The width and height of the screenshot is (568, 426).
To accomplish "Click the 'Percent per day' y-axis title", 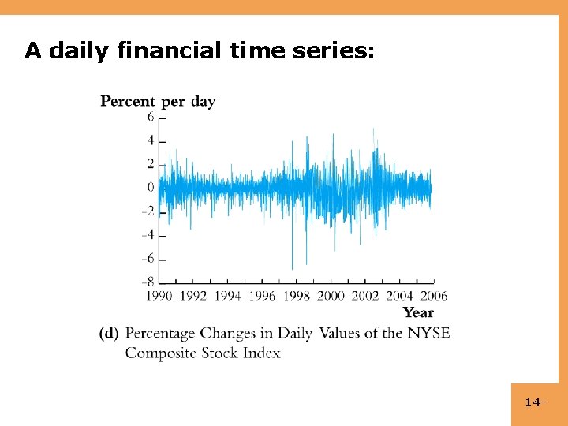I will click(x=158, y=101).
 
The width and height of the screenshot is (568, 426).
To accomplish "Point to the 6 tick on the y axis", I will click(x=149, y=117).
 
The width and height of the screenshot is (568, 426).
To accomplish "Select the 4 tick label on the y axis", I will click(x=149, y=140).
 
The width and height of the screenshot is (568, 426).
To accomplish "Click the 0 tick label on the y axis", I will click(x=149, y=188).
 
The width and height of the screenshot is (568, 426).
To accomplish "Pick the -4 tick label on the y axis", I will click(x=148, y=235).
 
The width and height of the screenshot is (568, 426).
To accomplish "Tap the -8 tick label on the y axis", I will click(x=148, y=282).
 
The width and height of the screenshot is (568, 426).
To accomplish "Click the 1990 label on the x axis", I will click(x=159, y=296).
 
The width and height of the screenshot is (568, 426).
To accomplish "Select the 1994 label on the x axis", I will click(x=228, y=296).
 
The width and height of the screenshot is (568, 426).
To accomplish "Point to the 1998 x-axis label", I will click(x=297, y=296).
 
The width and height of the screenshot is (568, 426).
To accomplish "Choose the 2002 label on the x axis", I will click(x=365, y=296).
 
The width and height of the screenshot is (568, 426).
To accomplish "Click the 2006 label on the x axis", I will click(x=433, y=296).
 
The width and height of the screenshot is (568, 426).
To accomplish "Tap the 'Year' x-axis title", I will click(x=418, y=312).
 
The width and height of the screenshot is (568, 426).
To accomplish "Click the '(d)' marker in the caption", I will click(x=109, y=334).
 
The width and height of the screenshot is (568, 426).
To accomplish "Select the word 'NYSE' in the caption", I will click(x=428, y=333).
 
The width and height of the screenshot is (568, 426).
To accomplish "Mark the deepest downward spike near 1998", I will click(x=293, y=268).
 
